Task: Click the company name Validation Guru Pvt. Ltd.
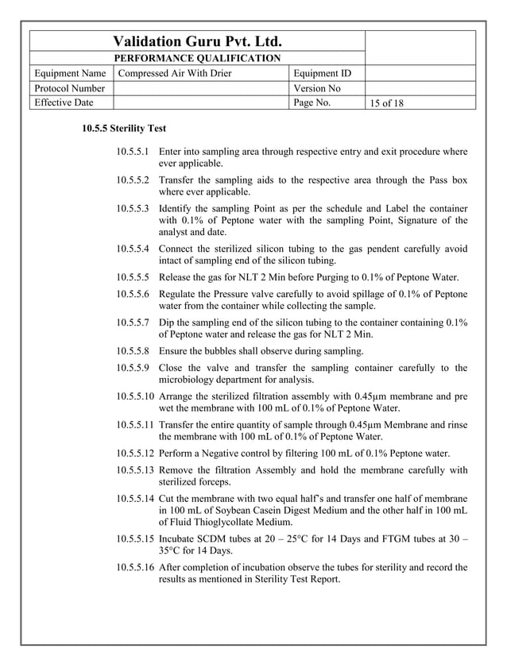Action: point(198,41)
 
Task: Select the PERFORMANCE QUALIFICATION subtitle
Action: point(198,58)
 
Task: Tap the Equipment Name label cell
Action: point(71,74)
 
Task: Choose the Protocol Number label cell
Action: point(69,88)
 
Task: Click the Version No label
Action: point(317,88)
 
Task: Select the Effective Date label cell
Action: point(63,102)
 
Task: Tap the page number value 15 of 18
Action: point(387,103)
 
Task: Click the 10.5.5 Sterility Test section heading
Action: point(124,128)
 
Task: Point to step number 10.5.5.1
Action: point(133,151)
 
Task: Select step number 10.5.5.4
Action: point(133,249)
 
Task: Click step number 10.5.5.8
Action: point(133,349)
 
